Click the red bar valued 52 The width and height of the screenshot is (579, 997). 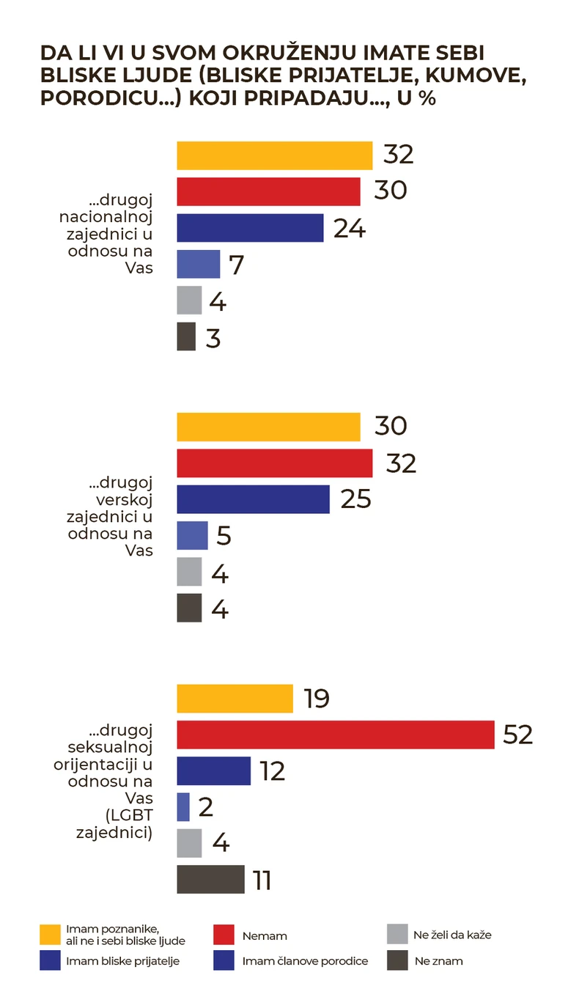click(336, 735)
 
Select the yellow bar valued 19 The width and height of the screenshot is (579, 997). click(235, 699)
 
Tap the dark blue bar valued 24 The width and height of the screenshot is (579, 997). click(250, 228)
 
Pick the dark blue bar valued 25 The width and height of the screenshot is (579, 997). click(253, 499)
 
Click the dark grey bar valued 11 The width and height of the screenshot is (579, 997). click(210, 879)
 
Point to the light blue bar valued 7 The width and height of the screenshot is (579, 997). click(198, 264)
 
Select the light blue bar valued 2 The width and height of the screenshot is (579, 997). click(183, 807)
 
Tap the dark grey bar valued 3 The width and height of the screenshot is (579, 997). click(186, 336)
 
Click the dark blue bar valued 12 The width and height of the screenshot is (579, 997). click(213, 770)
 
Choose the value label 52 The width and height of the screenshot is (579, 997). click(517, 735)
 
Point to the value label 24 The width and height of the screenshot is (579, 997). click(349, 228)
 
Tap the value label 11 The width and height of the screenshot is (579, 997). click(262, 880)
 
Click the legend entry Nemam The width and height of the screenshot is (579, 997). click(264, 936)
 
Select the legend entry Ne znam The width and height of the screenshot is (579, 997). click(438, 961)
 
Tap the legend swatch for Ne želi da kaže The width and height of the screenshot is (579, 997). click(397, 935)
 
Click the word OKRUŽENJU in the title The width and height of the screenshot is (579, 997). click(292, 54)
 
